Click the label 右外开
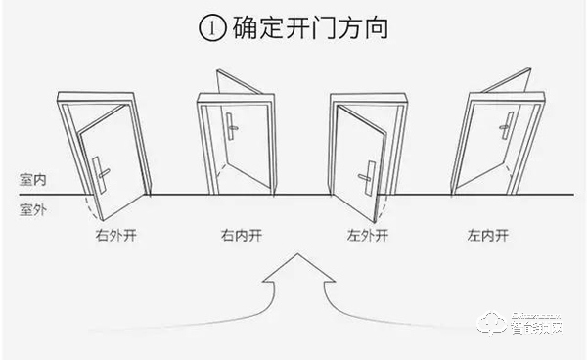[x=114, y=236]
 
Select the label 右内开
[x=242, y=236]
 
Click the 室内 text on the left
[x=31, y=181]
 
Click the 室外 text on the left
[x=31, y=208]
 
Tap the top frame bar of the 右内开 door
[x=235, y=99]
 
